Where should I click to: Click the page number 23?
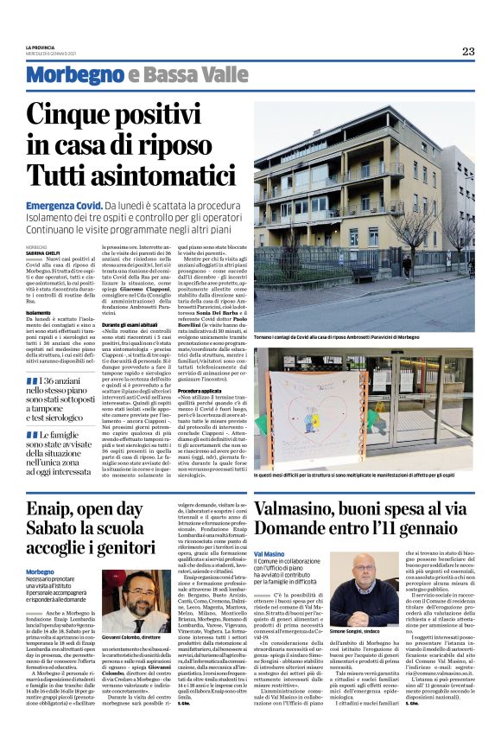[x=467, y=51]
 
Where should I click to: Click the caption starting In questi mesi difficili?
[x=364, y=476]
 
